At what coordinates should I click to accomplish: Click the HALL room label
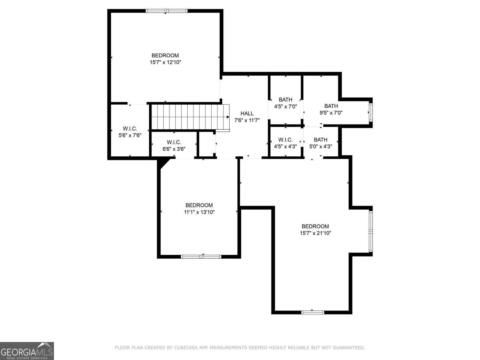tap(247, 113)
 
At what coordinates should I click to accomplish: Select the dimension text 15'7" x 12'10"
tap(165, 62)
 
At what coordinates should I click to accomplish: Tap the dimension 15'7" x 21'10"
tap(315, 233)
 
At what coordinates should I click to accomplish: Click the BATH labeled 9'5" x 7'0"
tap(331, 109)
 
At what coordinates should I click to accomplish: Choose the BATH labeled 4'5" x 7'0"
tap(285, 103)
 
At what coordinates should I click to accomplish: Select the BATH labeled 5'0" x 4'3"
tap(320, 143)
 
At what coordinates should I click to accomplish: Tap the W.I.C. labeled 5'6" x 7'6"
tap(130, 132)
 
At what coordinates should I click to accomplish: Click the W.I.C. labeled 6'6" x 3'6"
tap(174, 145)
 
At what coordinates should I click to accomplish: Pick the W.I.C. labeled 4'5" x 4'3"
tap(285, 143)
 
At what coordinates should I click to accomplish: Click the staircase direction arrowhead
tap(228, 117)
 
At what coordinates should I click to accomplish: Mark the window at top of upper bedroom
tap(166, 11)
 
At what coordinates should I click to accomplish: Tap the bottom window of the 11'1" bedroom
tap(201, 256)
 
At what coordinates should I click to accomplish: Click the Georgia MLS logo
tap(27, 351)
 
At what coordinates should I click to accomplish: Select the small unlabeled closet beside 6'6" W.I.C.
tap(206, 144)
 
